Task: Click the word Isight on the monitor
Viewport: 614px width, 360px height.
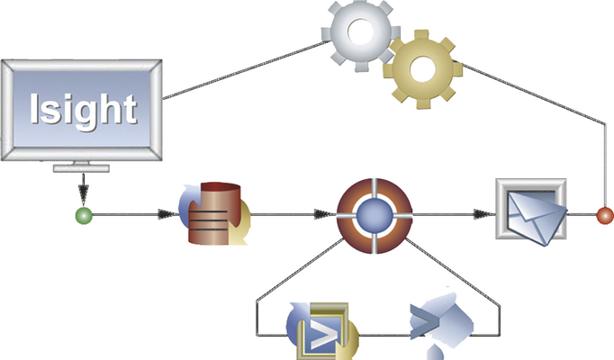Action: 84,110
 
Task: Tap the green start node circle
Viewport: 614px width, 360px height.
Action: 84,216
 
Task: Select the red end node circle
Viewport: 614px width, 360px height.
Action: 605,216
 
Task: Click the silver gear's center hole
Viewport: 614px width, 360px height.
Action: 361,32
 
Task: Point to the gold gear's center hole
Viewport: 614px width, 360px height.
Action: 422,69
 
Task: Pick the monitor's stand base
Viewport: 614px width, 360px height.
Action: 81,168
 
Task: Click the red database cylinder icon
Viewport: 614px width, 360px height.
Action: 215,213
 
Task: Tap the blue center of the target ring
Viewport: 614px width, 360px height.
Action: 375,216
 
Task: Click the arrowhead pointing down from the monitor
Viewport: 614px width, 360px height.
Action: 84,193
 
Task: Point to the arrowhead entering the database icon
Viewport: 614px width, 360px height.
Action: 167,214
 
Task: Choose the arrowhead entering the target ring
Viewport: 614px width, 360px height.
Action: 325,214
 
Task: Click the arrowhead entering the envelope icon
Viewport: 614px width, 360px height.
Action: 484,214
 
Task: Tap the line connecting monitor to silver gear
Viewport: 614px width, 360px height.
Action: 247,69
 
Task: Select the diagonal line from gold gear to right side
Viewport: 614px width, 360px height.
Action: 529,93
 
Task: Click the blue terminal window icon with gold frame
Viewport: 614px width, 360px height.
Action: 322,330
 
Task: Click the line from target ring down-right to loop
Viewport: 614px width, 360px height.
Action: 452,271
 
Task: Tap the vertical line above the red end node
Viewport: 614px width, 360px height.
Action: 605,166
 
